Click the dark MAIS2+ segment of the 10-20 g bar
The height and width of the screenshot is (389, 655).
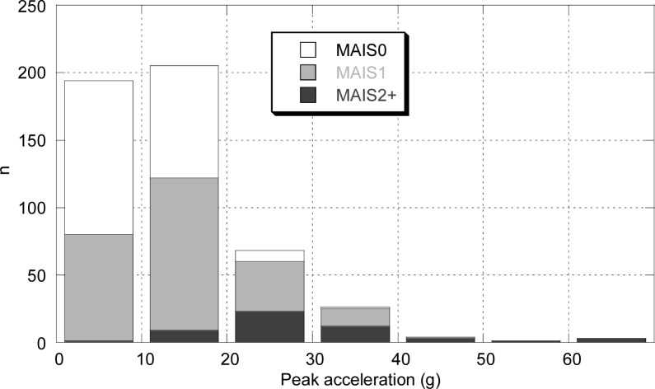click(184, 335)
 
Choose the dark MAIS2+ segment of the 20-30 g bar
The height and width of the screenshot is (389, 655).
click(269, 326)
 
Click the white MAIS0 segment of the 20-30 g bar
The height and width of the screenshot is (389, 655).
click(269, 255)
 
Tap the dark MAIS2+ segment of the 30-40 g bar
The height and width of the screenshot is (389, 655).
click(355, 334)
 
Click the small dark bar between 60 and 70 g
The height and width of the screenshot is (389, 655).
click(611, 340)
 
